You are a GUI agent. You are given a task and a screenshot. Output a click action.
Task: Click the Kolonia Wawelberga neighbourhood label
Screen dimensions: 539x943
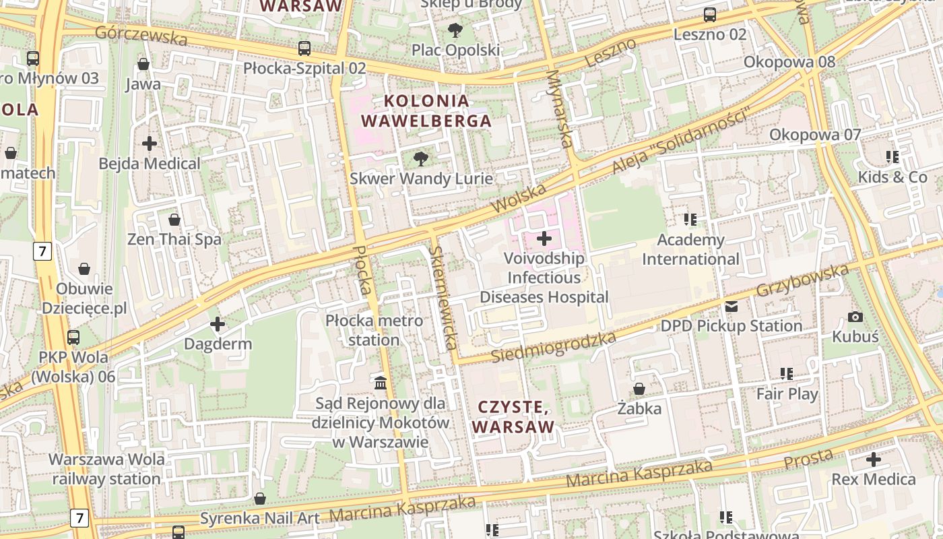pos(426,111)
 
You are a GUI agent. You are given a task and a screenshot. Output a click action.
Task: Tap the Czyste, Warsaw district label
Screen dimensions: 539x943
pos(513,416)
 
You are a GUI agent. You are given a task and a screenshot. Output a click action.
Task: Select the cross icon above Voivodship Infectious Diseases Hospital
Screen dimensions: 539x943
pos(544,239)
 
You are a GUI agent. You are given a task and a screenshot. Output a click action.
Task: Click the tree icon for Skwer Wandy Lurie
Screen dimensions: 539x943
pos(421,159)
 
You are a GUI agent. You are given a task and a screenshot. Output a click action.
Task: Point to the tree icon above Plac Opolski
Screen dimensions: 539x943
pos(455,30)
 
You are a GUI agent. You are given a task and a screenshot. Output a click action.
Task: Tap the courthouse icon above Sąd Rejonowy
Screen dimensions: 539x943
pos(381,383)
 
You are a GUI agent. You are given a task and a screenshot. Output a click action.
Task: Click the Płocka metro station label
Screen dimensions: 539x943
pos(375,330)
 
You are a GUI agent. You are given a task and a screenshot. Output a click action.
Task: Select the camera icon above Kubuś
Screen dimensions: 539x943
pos(855,317)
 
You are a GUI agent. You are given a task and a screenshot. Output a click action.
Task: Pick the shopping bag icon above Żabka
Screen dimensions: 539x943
pos(639,389)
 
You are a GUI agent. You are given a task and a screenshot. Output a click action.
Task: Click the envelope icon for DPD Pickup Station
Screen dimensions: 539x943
pos(731,307)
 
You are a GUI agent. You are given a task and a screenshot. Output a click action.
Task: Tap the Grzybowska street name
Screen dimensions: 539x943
pos(802,281)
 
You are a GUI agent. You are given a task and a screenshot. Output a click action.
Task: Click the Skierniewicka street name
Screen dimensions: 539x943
pos(443,298)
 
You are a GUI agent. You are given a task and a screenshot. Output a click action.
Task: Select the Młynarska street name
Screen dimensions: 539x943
pos(560,108)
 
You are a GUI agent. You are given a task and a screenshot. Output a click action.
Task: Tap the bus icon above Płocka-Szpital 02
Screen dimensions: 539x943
pos(304,49)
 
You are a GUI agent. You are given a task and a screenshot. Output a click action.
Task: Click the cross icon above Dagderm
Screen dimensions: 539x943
pos(218,325)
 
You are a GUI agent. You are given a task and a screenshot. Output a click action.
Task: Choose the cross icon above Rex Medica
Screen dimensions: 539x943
pos(874,460)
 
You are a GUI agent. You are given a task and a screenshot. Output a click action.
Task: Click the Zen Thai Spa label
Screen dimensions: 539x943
pos(174,239)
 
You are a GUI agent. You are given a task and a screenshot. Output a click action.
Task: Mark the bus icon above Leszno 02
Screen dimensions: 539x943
pos(710,14)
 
